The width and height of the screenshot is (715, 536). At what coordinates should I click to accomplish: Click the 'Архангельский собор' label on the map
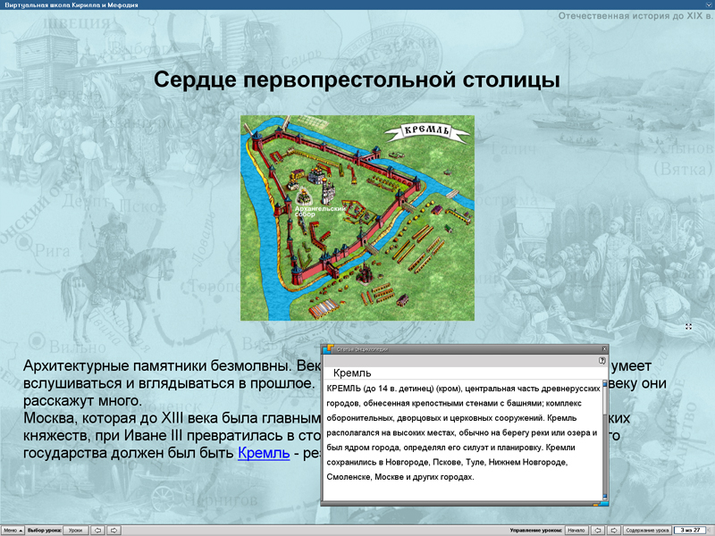(x=312, y=212)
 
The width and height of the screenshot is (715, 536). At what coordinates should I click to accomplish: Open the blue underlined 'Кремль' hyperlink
(x=264, y=453)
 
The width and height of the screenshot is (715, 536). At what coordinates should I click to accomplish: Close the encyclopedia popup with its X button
(x=604, y=349)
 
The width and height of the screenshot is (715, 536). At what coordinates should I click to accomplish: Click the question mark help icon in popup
(x=602, y=360)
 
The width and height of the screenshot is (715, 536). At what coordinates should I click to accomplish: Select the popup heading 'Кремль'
(x=351, y=373)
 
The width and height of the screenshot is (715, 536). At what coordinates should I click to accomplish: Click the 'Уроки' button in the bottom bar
(x=75, y=530)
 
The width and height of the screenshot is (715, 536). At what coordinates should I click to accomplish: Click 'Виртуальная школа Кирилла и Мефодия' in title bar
(x=71, y=4)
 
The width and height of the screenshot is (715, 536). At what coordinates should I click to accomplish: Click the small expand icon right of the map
(x=689, y=327)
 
